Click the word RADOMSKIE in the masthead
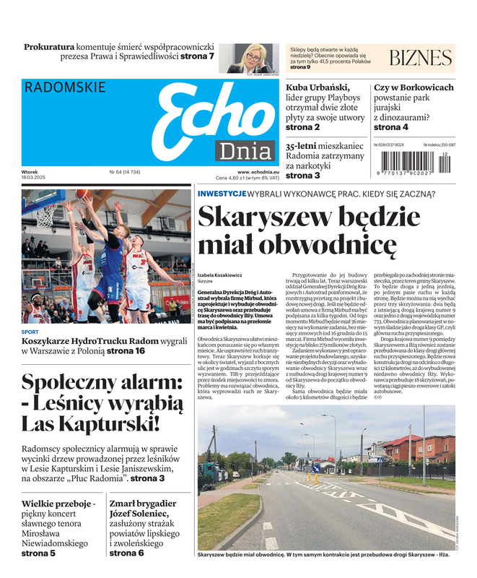65,87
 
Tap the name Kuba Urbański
318,87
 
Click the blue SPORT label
30,332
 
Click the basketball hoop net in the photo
45,214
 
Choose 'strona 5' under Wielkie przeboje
38,553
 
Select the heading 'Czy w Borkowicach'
413,87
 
